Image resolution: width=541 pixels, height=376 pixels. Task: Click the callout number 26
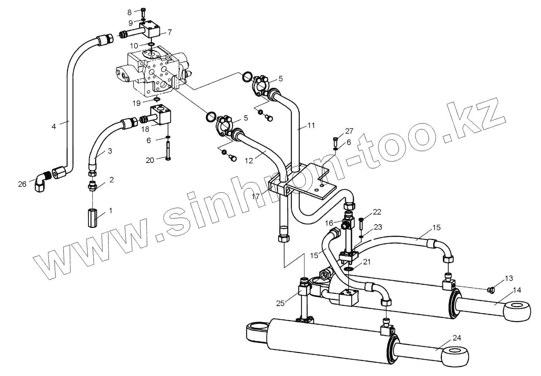22,184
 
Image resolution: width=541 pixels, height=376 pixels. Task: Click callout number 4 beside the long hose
54,126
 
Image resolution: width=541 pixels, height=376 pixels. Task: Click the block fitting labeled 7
153,30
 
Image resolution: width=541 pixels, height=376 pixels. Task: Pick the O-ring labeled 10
151,44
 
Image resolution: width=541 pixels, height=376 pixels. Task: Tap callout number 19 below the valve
136,103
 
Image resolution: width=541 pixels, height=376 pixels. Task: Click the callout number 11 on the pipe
311,126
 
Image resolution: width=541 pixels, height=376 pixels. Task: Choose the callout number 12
248,161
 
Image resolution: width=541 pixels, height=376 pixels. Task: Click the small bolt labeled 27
335,139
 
